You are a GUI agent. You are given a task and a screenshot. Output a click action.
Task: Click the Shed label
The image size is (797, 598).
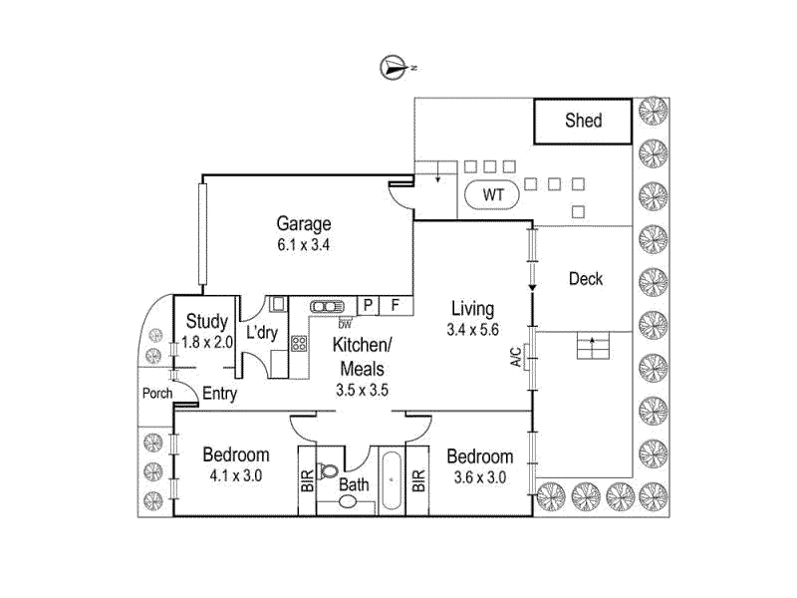[583, 121]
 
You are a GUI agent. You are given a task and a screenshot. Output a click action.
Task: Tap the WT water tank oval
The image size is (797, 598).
[492, 194]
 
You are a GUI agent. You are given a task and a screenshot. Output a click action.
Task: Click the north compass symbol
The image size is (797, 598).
[393, 67]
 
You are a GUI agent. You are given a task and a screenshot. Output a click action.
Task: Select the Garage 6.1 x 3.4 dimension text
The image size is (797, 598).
[304, 245]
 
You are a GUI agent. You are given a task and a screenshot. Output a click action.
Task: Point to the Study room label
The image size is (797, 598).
[206, 321]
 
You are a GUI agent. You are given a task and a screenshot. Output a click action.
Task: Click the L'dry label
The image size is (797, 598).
[262, 333]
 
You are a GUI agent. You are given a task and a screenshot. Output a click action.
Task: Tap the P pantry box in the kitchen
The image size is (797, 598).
[368, 305]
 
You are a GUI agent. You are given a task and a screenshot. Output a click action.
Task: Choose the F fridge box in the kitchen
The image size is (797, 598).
[396, 305]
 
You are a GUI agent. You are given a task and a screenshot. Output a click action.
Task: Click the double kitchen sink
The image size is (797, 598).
[327, 307]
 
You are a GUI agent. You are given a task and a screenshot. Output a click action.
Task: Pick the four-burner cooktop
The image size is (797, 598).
[299, 343]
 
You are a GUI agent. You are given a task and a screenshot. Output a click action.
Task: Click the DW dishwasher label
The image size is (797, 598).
[345, 324]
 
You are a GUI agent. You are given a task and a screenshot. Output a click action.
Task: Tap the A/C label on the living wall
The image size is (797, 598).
[515, 357]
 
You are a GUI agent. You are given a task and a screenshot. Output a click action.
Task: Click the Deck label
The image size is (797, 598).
[586, 279]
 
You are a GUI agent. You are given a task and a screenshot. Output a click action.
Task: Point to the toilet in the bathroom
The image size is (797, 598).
[326, 469]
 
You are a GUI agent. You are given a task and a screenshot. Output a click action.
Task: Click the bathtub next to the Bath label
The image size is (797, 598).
[392, 480]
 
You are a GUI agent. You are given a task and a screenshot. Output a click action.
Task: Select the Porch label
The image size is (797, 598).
[157, 393]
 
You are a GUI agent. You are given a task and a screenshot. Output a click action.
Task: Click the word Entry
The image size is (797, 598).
[219, 393]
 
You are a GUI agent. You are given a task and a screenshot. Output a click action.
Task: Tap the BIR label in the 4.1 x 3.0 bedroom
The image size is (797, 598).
[307, 481]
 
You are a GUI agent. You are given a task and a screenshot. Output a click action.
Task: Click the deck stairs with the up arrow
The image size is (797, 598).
[593, 346]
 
